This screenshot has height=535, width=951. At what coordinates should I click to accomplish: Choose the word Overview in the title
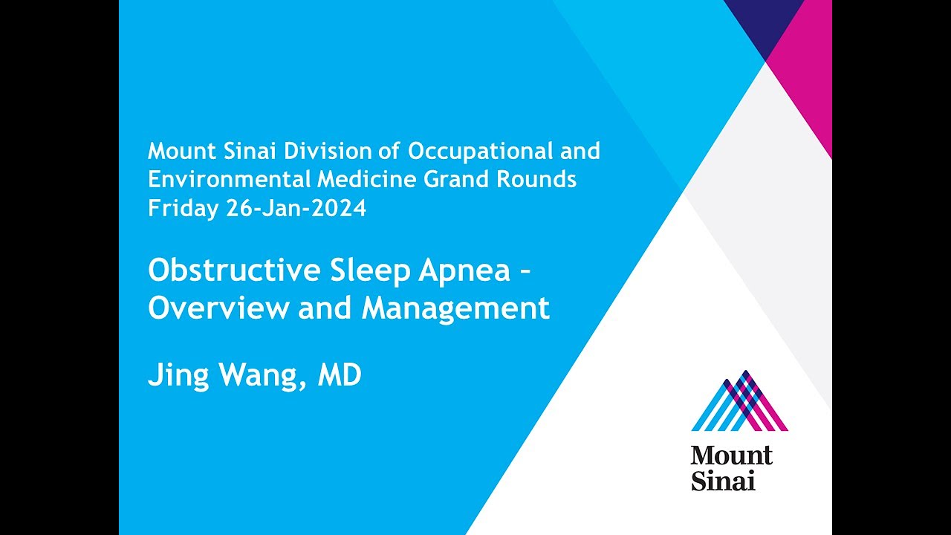[219, 308]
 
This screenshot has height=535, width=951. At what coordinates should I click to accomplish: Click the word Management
[455, 308]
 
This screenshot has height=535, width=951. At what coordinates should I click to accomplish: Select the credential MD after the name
[340, 375]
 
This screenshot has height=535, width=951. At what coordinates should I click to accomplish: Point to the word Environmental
[227, 180]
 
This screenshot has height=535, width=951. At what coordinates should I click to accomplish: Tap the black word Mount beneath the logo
[732, 455]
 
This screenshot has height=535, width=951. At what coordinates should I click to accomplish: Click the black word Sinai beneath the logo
[723, 481]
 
